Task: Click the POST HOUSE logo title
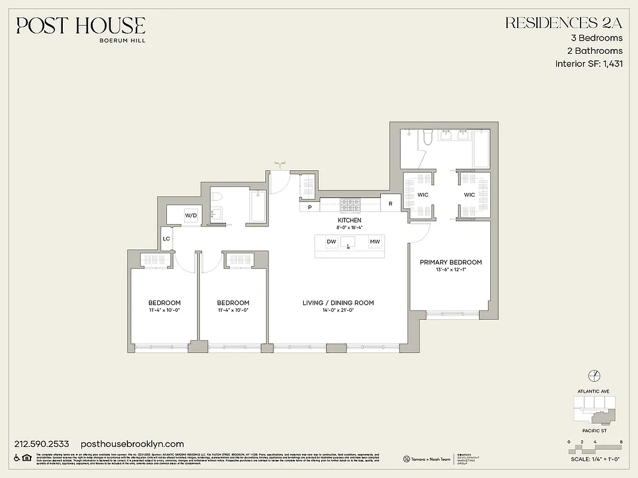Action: click(x=81, y=26)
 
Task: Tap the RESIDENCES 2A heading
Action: click(x=564, y=23)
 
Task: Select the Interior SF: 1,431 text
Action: click(x=589, y=64)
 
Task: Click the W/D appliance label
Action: click(x=191, y=215)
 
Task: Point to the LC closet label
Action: click(x=167, y=238)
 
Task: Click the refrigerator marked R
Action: click(x=390, y=204)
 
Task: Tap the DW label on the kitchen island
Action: click(x=331, y=241)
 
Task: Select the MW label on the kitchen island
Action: click(x=374, y=241)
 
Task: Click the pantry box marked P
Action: click(x=309, y=207)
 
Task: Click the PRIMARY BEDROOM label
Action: click(x=450, y=262)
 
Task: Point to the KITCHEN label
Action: click(x=350, y=220)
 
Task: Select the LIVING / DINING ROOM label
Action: click(x=338, y=303)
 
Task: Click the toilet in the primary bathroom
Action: click(x=427, y=137)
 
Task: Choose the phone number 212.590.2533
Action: click(x=41, y=444)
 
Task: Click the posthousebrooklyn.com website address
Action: click(x=132, y=444)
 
